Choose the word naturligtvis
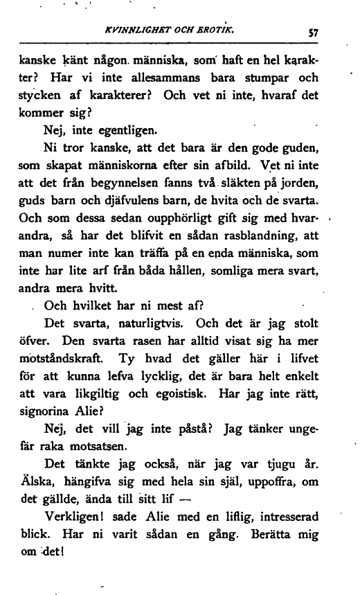[x=144, y=323]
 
